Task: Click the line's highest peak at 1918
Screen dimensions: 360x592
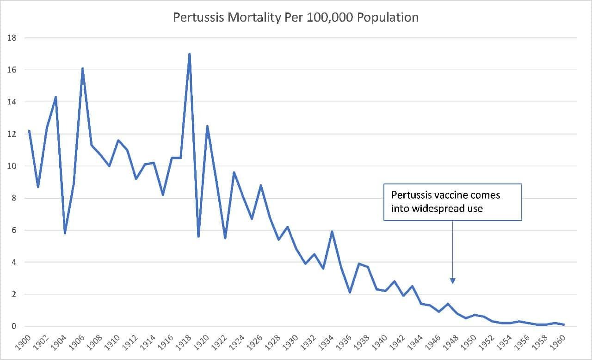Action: click(190, 54)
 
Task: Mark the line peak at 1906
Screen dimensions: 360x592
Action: click(82, 68)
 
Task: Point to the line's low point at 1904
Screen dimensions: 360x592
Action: click(65, 233)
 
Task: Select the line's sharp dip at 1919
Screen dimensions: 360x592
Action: click(198, 236)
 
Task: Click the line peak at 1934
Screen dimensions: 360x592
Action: click(332, 232)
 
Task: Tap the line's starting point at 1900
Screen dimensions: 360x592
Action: click(29, 131)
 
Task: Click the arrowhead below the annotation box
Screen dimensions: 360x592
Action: click(453, 281)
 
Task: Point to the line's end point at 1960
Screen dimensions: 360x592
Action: click(564, 325)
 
